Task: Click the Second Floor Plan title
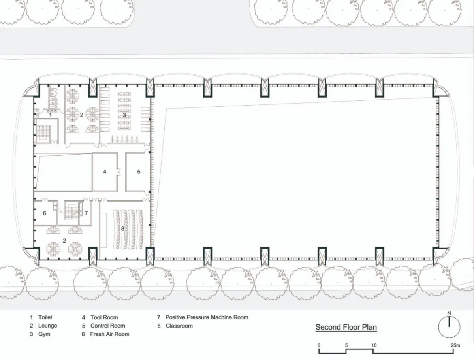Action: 346,327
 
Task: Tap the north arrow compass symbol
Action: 449,326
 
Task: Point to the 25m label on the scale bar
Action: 455,345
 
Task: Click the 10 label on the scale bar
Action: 374,345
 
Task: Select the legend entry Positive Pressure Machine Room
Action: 203,317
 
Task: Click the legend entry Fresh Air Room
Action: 105,334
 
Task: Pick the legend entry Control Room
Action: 103,326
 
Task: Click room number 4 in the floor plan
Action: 105,172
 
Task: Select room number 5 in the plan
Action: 139,172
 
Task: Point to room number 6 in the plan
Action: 45,213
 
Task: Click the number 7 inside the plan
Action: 86,213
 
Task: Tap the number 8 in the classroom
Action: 123,229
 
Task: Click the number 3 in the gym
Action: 124,115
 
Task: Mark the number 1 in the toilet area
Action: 51,115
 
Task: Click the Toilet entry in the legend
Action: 41,317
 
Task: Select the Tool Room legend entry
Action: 100,317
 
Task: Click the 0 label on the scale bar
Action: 319,345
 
